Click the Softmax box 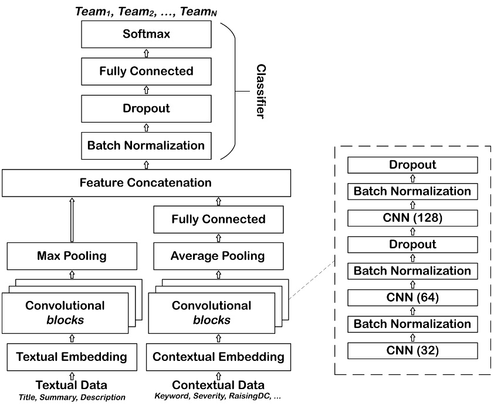(146, 35)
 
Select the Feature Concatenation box (146, 182)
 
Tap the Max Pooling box (72, 256)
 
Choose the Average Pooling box (218, 256)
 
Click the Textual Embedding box (72, 356)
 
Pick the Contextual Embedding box (218, 356)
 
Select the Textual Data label (72, 385)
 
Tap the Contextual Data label (218, 385)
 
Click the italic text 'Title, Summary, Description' (72, 397)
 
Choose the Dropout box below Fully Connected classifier (146, 109)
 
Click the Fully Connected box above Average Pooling (218, 219)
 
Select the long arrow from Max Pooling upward (72, 219)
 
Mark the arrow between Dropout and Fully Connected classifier (146, 90)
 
